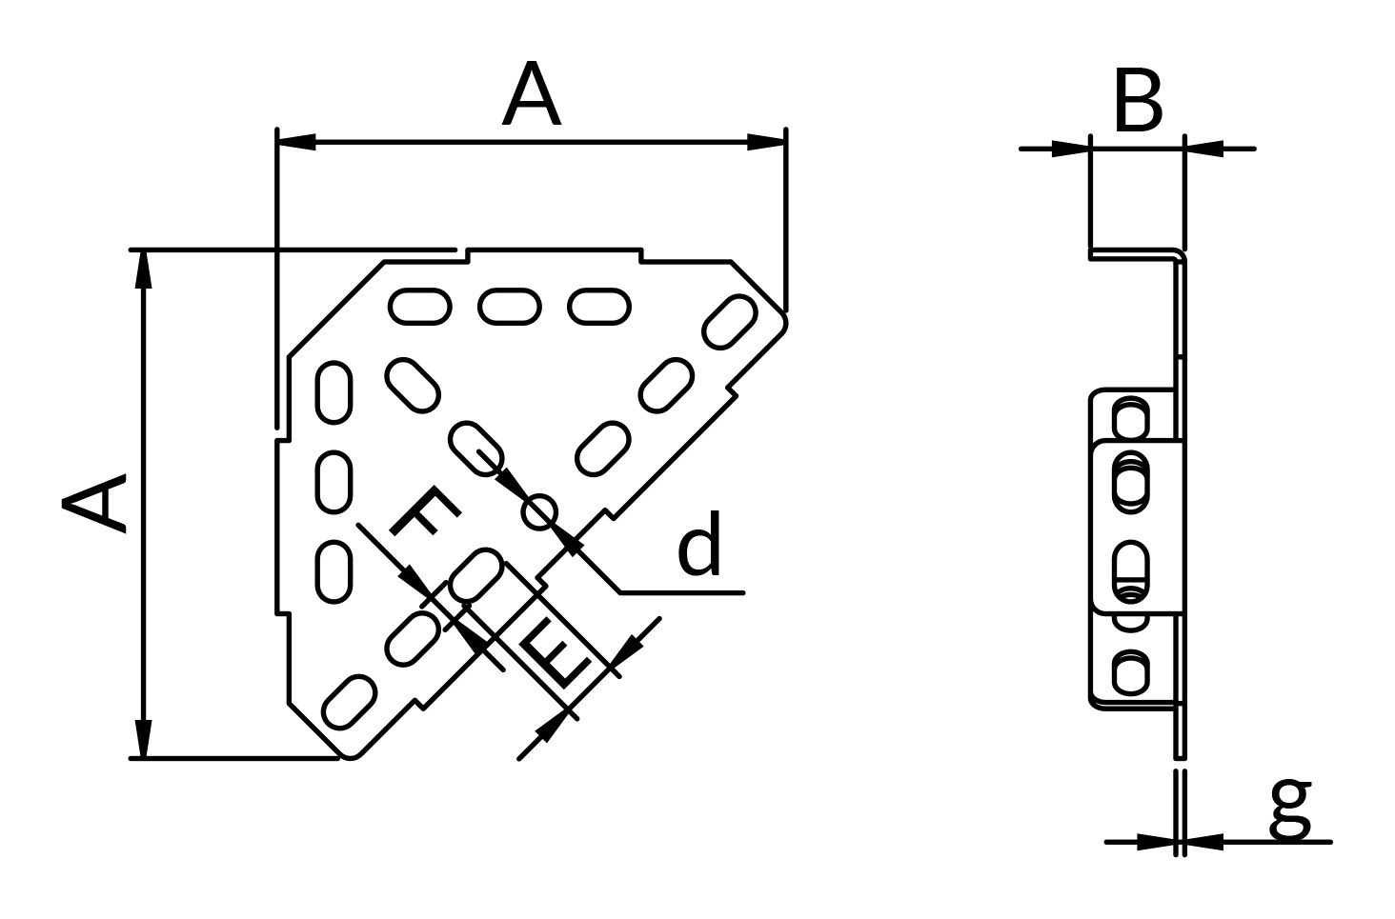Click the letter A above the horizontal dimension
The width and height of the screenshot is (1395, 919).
[531, 94]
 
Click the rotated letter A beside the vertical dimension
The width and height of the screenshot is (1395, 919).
[93, 504]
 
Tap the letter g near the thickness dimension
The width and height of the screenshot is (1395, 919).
[1290, 809]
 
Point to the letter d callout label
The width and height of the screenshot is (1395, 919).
[699, 543]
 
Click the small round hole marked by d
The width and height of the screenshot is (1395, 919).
[539, 512]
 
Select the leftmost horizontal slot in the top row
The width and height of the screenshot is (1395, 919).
[420, 307]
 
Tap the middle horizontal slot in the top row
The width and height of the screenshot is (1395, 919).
[510, 307]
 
